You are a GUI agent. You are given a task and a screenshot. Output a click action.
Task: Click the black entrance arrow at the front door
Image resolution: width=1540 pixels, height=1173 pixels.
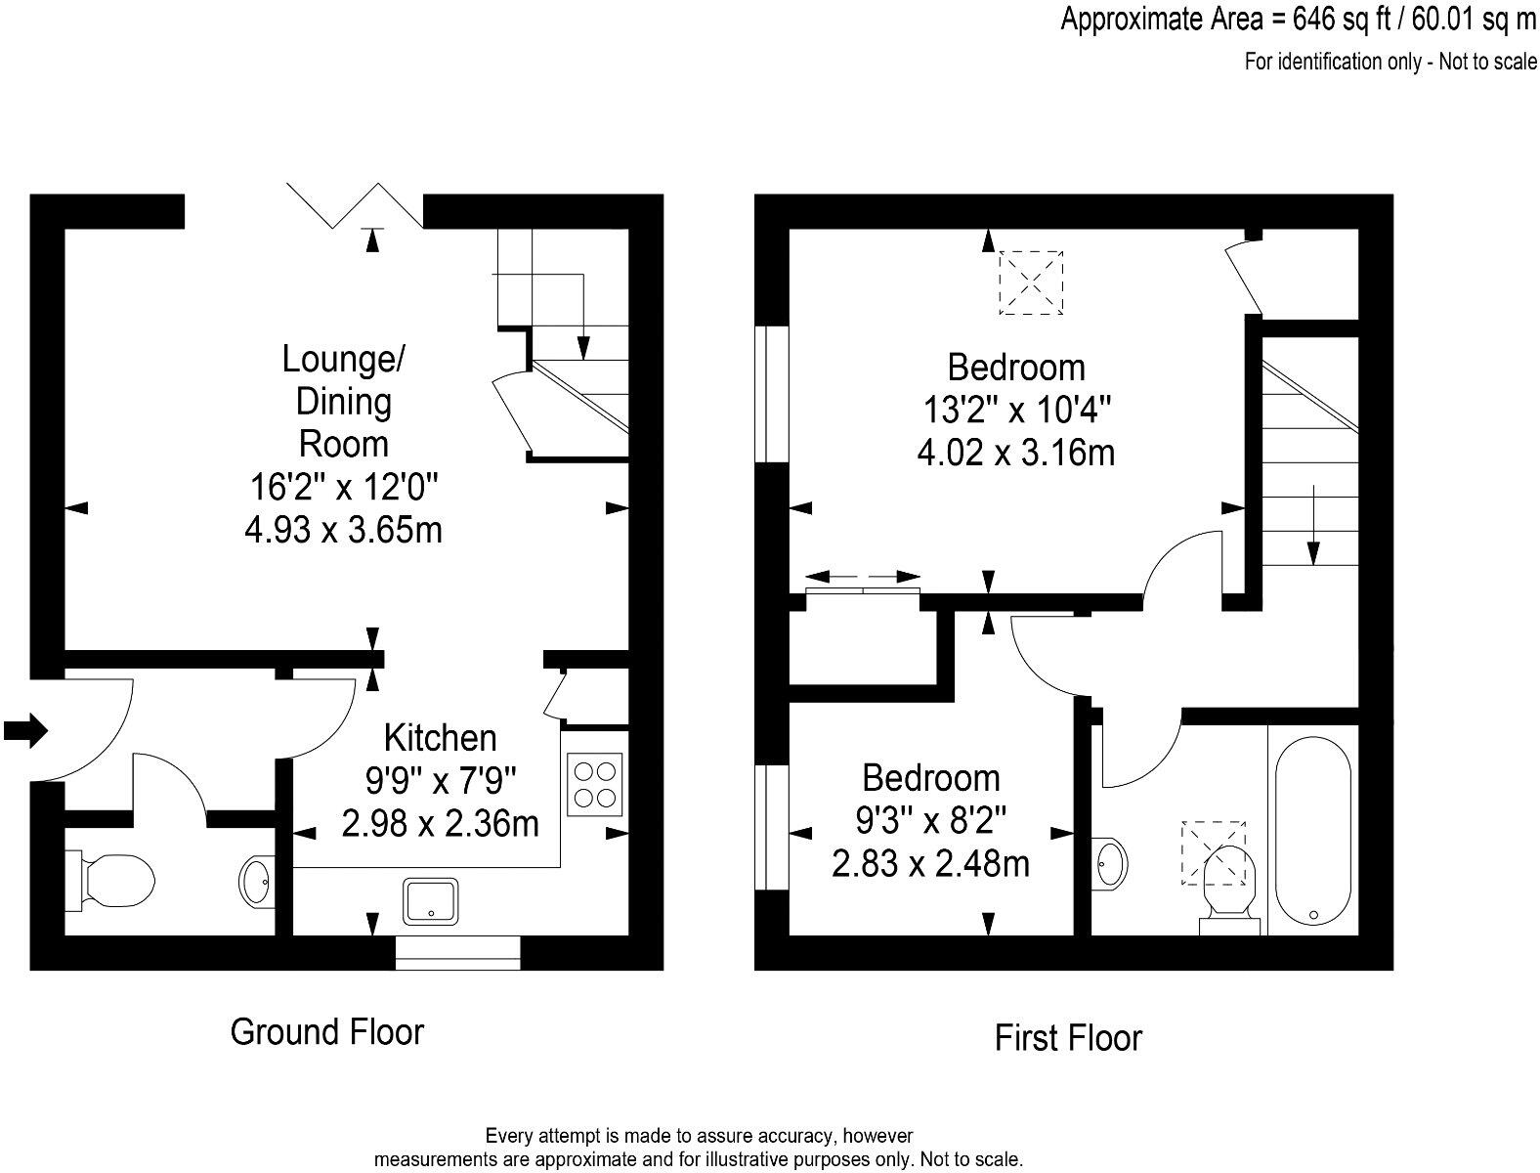tap(26, 729)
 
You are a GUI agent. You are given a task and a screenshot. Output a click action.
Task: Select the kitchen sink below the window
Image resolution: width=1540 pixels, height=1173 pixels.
tap(431, 901)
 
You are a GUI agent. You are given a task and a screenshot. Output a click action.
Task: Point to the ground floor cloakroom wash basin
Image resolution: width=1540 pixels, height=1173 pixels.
tap(257, 881)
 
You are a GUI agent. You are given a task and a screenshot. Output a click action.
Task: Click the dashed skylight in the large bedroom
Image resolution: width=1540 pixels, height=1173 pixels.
tap(1031, 282)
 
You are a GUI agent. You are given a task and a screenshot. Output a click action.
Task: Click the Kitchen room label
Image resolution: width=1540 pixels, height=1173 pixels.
tap(440, 737)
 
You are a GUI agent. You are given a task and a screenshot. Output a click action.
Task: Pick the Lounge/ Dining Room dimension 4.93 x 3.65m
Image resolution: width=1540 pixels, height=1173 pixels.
tap(343, 529)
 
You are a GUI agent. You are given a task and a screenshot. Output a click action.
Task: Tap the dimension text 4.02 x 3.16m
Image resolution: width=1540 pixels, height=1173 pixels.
tap(1016, 453)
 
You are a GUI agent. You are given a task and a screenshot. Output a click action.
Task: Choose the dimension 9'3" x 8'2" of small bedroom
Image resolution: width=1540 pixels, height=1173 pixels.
tap(929, 821)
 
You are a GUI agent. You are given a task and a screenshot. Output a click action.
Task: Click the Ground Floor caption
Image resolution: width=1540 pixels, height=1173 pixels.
tap(327, 1031)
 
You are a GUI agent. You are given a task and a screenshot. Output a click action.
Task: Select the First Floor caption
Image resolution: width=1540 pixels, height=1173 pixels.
tap(1068, 1038)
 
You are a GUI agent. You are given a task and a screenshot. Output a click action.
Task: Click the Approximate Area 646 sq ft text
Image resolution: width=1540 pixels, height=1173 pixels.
tap(1298, 21)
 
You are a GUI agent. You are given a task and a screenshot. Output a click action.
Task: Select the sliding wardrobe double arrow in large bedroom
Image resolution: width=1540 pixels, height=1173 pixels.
tap(865, 576)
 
